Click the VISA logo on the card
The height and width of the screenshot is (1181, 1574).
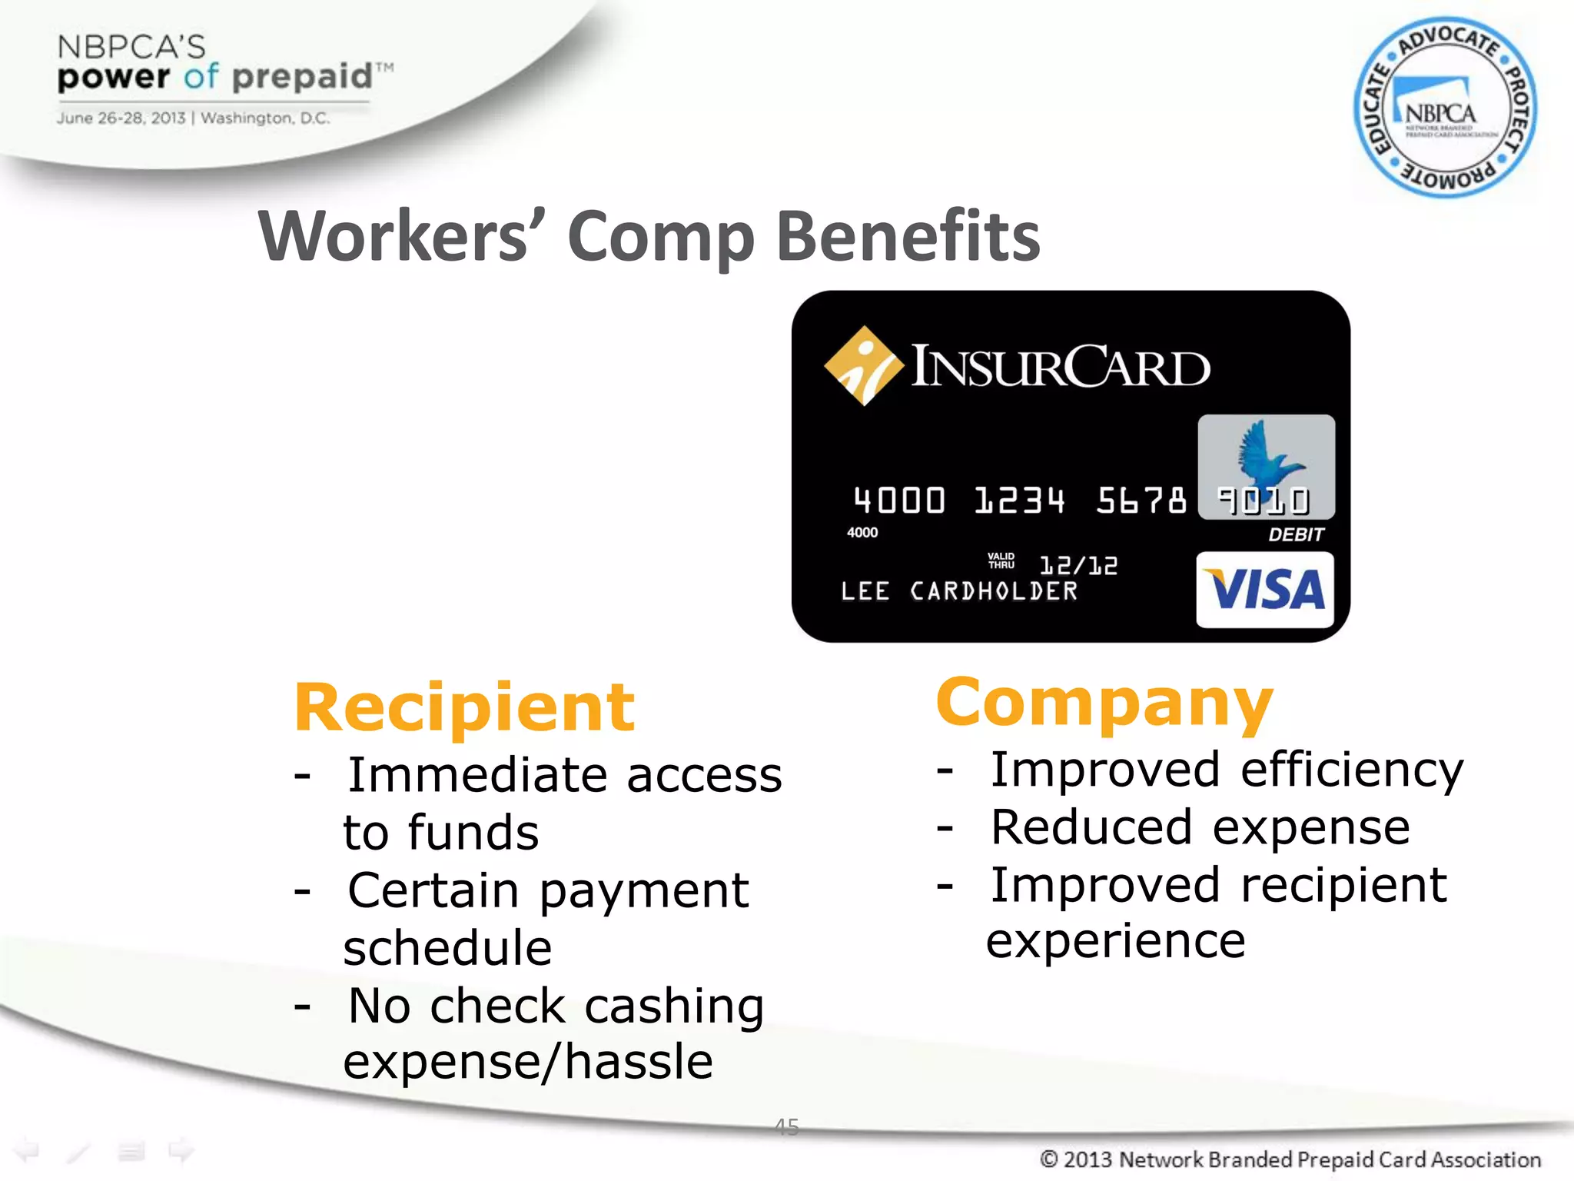pyautogui.click(x=1265, y=590)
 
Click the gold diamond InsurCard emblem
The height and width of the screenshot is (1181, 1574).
pyautogui.click(x=863, y=365)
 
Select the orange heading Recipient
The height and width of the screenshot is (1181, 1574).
pyautogui.click(x=464, y=708)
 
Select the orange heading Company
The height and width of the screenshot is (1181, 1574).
pyautogui.click(x=1104, y=703)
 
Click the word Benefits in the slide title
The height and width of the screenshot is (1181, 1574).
pyautogui.click(x=908, y=237)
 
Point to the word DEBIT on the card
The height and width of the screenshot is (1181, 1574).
pyautogui.click(x=1296, y=534)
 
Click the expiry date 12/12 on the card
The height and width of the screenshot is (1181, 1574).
pyautogui.click(x=1078, y=566)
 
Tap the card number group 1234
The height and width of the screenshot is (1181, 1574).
pyautogui.click(x=1019, y=501)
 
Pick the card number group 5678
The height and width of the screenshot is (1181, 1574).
pyautogui.click(x=1141, y=501)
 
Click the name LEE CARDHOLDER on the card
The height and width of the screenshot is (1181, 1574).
pyautogui.click(x=959, y=591)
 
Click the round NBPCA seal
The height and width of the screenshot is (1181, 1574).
pyautogui.click(x=1444, y=108)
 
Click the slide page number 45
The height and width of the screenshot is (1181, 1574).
pyautogui.click(x=787, y=1127)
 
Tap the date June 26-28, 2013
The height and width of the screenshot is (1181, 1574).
pyautogui.click(x=121, y=118)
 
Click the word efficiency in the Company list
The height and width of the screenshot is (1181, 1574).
pyautogui.click(x=1352, y=771)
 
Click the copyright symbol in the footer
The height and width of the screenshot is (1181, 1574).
pyautogui.click(x=1049, y=1159)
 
